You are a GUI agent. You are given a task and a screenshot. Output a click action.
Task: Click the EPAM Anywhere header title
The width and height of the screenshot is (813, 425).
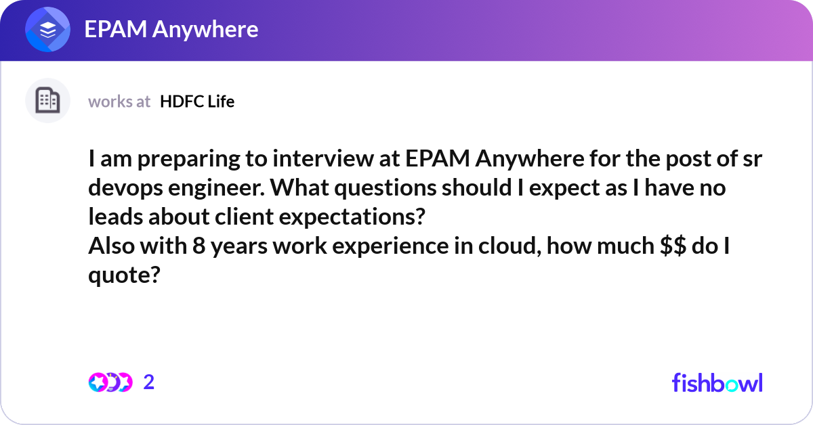tap(171, 29)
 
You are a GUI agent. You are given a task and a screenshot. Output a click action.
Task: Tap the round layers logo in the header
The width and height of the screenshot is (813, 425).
tap(47, 29)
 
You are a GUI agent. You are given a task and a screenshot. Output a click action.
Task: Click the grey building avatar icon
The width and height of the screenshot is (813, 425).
tap(47, 100)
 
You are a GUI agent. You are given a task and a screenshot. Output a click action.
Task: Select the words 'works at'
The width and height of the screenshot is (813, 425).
tap(119, 102)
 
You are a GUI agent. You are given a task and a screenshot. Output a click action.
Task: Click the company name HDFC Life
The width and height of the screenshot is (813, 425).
tap(197, 102)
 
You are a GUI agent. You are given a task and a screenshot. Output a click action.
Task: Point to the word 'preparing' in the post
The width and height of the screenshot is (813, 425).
tap(188, 160)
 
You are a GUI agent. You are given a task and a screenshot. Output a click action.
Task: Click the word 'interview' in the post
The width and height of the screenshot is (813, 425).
tap(323, 159)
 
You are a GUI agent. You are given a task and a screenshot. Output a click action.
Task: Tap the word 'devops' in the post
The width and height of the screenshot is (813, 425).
tap(125, 189)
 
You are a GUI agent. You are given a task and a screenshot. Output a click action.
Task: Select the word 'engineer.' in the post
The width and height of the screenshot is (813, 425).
tap(217, 189)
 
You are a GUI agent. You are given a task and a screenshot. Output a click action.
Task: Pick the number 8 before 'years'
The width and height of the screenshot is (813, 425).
tap(199, 246)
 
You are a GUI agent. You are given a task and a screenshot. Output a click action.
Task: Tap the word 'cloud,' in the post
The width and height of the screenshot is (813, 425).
tap(509, 246)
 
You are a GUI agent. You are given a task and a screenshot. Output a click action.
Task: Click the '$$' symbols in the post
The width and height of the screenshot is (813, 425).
tap(673, 246)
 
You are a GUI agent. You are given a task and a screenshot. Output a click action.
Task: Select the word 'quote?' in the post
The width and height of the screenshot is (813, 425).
tap(124, 275)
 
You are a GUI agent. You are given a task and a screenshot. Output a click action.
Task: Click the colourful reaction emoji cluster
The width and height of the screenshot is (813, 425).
tap(110, 382)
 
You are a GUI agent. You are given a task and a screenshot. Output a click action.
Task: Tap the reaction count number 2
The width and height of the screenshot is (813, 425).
tap(149, 382)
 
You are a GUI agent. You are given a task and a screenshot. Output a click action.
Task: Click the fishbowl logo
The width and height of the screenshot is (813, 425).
tap(717, 382)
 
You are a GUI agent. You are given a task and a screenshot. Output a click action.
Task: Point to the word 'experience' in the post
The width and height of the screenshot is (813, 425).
tap(390, 246)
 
